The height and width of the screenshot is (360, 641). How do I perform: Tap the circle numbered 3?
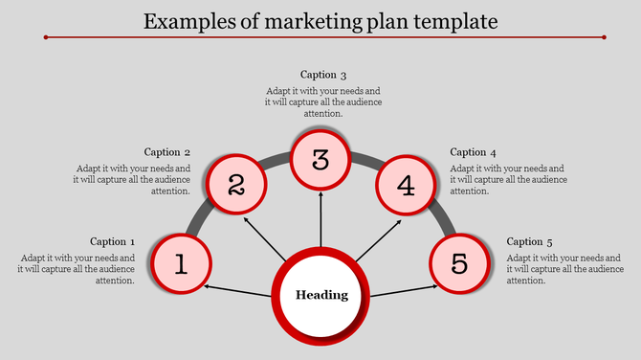320,160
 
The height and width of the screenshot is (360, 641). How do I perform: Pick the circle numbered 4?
406,184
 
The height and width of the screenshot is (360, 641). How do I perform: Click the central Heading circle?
320,295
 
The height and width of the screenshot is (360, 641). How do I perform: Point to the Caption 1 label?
113,241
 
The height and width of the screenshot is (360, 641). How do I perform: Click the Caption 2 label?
167,152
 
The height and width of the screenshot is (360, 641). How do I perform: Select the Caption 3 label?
322,75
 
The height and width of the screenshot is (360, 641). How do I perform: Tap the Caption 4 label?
474,152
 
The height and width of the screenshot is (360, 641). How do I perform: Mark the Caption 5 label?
529,241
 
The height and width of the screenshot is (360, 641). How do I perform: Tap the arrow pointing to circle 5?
402,288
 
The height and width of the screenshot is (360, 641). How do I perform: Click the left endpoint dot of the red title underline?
46,38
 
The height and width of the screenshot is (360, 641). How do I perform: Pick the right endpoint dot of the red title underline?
604,38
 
